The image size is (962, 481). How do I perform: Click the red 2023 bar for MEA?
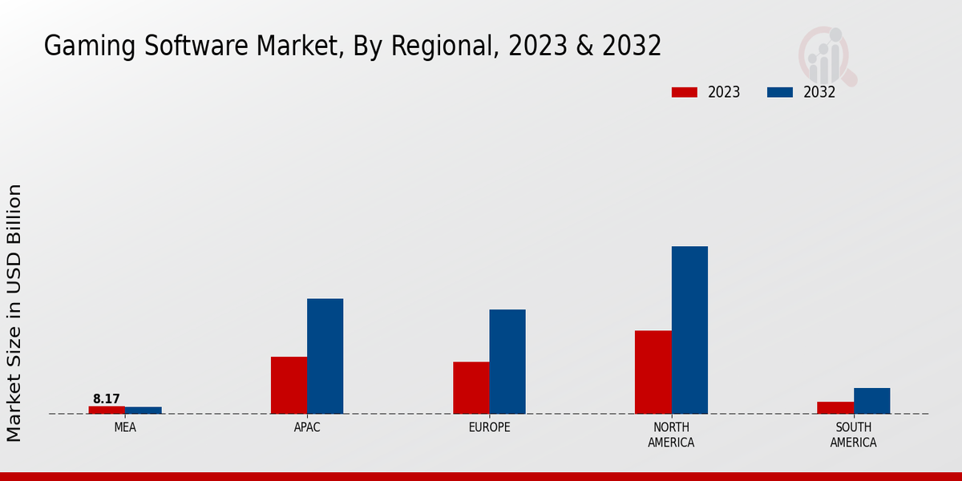pos(107,410)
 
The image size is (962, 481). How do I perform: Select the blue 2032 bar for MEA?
pos(143,410)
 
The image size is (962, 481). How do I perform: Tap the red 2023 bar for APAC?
pos(289,385)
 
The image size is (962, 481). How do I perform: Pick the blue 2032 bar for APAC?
pos(325,356)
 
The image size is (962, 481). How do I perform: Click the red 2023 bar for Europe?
pos(471,387)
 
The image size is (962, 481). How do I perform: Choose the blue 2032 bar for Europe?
pos(507,362)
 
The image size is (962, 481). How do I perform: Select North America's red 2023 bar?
pos(653,372)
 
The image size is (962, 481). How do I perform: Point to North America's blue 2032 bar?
pos(689,329)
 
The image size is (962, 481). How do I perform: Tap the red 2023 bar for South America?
pos(835,407)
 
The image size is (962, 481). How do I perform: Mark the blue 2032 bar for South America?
pos(871,401)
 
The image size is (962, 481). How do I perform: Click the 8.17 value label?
pos(107,399)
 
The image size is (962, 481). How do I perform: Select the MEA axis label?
pos(125,427)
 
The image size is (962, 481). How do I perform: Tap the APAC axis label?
pos(307,427)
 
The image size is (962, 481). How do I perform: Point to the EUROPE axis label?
pos(489,427)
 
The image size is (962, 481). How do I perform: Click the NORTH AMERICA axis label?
pos(671,435)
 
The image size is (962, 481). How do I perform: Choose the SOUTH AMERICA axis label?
pos(853,435)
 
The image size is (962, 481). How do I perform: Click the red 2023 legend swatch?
pos(684,92)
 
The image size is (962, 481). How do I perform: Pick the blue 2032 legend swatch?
pos(779,92)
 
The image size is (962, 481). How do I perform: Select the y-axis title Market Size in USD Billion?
pos(14,313)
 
